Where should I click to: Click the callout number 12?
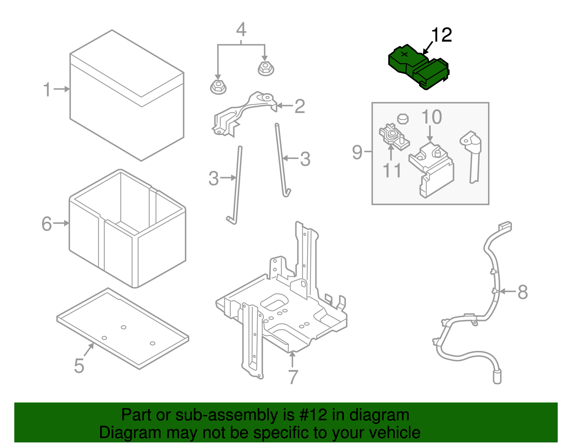(442, 35)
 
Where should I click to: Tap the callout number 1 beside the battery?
(47, 89)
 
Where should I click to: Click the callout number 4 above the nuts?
(241, 30)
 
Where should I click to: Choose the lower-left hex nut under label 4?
(218, 87)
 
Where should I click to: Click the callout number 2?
(300, 106)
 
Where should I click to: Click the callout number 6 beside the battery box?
(47, 224)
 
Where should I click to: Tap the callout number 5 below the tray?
(79, 366)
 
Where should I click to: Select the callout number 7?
(293, 377)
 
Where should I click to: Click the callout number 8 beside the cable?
(522, 292)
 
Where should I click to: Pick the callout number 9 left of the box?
(357, 152)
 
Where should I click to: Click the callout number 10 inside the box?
(432, 117)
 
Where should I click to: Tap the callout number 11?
(392, 170)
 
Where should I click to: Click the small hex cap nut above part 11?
(403, 118)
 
